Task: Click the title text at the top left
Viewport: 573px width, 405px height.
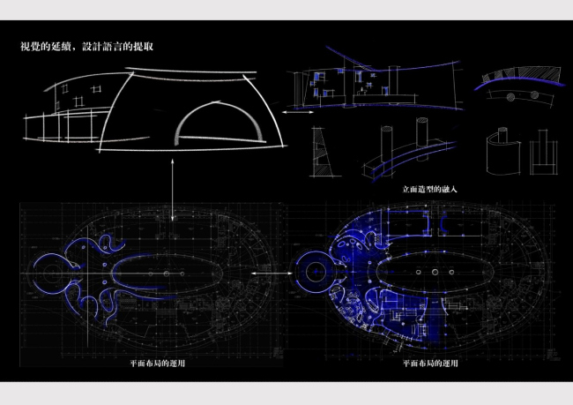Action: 86,47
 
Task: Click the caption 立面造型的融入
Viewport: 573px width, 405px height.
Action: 430,189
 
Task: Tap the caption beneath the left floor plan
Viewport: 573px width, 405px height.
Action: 158,364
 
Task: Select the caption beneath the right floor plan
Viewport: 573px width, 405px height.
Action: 430,364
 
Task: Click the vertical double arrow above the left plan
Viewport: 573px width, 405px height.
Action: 173,190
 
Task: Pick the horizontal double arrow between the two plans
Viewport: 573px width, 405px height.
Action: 272,273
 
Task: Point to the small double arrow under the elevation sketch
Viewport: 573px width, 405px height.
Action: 298,112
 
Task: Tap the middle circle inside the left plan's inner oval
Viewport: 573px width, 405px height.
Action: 167,274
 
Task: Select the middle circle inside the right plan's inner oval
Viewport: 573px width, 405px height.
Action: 435,272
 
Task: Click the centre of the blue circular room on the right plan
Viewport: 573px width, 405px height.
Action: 316,272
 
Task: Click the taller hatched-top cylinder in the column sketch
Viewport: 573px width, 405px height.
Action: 422,139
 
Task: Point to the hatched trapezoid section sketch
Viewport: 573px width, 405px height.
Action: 322,152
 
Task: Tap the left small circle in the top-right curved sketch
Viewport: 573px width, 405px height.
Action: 511,96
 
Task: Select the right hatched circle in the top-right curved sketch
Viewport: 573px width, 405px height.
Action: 534,95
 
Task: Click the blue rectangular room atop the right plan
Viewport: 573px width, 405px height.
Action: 407,223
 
